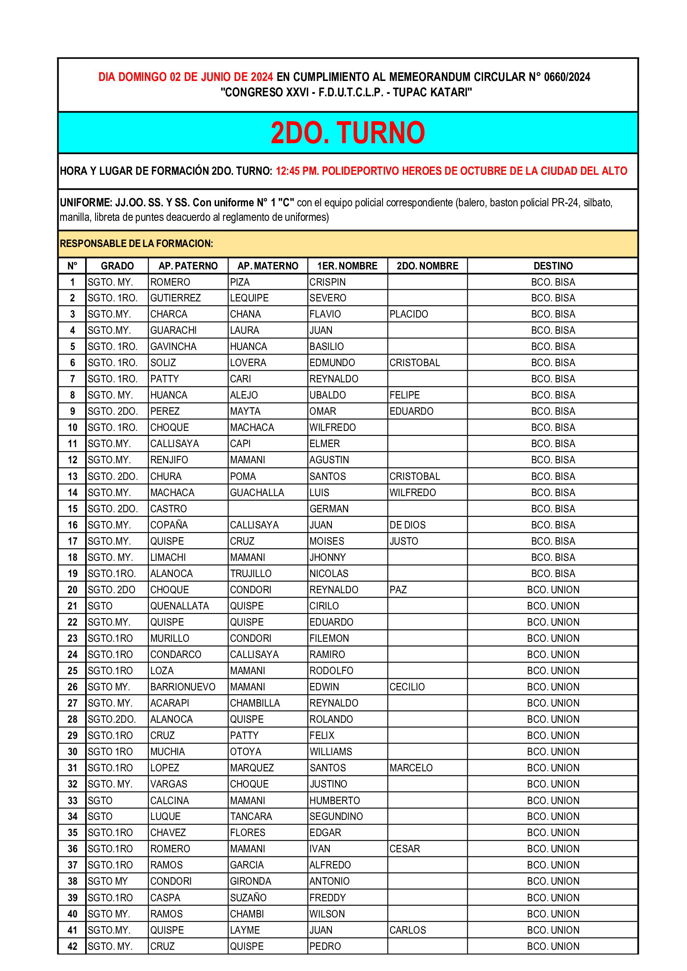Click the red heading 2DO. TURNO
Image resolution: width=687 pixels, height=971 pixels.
pos(347,133)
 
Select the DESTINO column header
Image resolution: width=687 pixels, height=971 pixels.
pos(553,266)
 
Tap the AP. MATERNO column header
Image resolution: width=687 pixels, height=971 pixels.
pos(268,266)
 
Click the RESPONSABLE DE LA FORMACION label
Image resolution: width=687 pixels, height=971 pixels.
pos(136,244)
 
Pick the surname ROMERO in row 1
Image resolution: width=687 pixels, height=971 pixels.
pos(170,282)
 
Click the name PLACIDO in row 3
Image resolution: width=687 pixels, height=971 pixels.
pos(409,314)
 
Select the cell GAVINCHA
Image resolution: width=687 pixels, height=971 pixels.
pos(174,347)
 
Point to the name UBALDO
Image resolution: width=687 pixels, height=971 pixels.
pos(327,395)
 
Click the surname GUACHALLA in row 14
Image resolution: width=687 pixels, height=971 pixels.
pos(257,493)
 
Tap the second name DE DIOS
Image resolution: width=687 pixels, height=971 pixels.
pos(407,525)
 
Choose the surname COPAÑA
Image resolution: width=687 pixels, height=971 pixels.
pos(169,525)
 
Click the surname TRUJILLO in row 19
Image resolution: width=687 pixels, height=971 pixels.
pos(251,574)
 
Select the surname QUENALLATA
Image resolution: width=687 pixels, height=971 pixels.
pos(179,606)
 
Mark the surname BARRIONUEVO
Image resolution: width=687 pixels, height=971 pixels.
pos(183,687)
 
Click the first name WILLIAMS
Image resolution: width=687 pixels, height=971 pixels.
pos(331,752)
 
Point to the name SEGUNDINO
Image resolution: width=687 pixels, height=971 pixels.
pos(336,817)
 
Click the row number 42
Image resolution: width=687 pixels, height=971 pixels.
pos(72,947)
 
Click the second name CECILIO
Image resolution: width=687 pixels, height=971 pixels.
pos(407,687)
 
